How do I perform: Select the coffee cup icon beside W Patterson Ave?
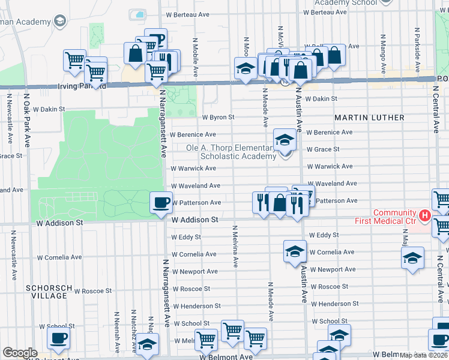(x=160, y=203)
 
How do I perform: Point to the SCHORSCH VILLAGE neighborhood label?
(x=46, y=292)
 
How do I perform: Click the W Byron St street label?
(x=218, y=118)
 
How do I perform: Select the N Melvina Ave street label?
(x=235, y=246)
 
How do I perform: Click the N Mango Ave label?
(x=382, y=48)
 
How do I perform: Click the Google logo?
(x=20, y=353)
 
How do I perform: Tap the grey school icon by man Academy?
(x=59, y=22)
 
